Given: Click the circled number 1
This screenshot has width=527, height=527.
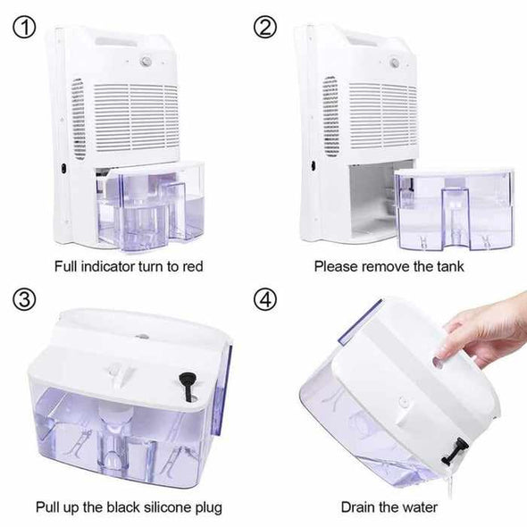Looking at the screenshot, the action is coord(24,28).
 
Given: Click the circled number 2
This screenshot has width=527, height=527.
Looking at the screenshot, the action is coord(265,28).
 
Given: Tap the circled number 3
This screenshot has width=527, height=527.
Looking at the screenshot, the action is coord(24,299).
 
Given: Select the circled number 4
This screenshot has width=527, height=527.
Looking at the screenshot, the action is coord(265,299).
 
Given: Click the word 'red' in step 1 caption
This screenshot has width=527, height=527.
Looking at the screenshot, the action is coord(193,266).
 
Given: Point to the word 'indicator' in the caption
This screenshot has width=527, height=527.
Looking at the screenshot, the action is coord(108,266).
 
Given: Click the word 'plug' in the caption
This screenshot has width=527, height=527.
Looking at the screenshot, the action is coord(209,508).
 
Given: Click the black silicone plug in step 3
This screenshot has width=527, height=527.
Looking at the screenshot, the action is coord(187,386).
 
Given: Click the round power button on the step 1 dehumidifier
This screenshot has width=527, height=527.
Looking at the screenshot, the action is coord(146,61).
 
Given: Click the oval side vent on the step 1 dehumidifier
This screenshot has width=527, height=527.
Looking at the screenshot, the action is coord(78,119).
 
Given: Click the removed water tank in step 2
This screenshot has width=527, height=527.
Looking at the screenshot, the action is coord(455,210).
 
